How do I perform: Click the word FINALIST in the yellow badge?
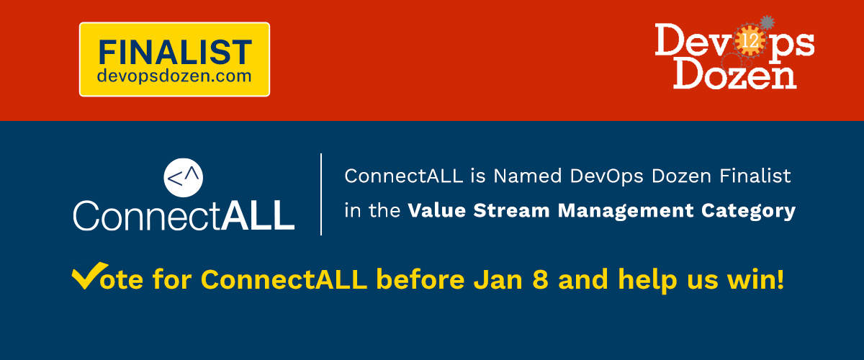point(174,52)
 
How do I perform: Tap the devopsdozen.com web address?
point(174,75)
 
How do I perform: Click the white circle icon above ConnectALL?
point(184,177)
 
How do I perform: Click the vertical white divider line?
point(321,194)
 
